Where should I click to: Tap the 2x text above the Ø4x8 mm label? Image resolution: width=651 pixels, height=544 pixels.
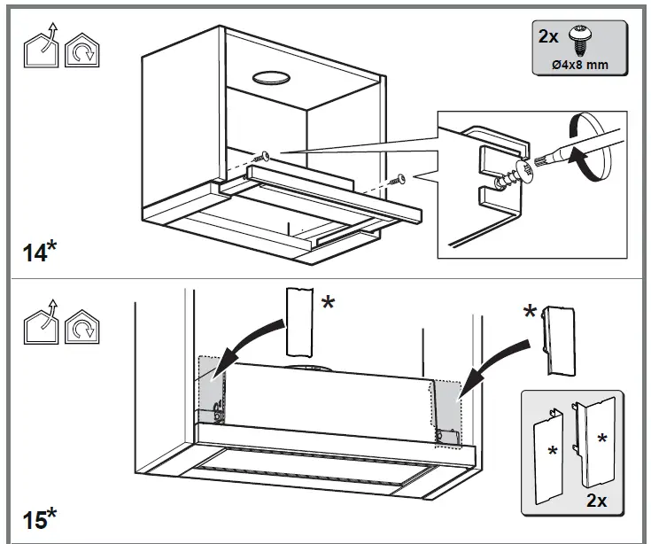point(549,38)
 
